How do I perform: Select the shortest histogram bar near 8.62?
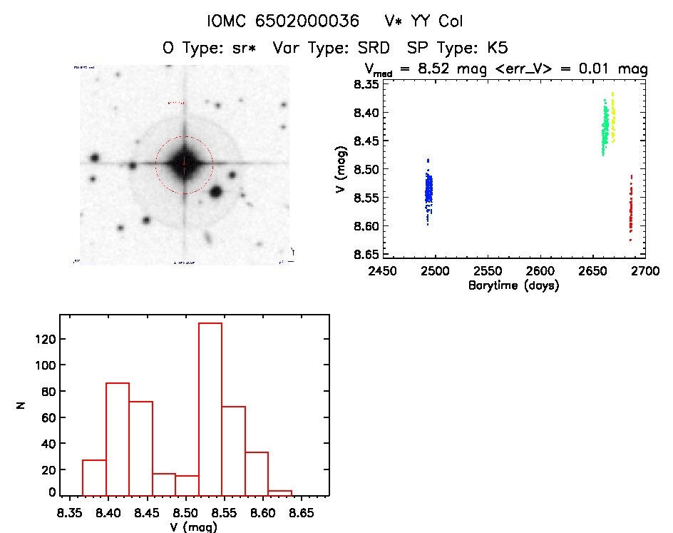tap(280, 492)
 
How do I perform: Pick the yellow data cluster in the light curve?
tap(612, 118)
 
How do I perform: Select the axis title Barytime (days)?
tap(513, 285)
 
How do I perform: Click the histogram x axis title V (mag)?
tap(195, 527)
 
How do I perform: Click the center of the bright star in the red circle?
tap(184, 163)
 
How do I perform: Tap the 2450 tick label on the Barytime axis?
tap(382, 271)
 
